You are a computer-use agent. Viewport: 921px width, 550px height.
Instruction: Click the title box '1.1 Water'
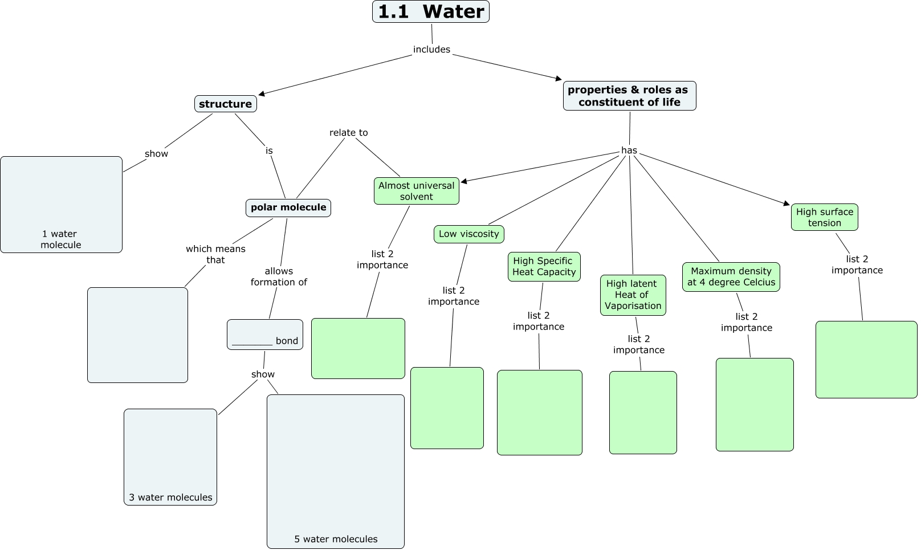(431, 11)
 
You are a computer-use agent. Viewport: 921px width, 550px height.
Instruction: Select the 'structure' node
(225, 104)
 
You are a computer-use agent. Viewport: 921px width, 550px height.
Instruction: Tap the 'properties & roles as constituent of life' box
(629, 96)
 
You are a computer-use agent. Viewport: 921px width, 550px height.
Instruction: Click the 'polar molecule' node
(288, 207)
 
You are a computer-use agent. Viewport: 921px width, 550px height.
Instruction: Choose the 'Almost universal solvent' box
(417, 191)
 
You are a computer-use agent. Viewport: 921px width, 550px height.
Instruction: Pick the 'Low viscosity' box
(469, 234)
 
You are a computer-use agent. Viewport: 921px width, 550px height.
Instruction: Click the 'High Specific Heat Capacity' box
(544, 267)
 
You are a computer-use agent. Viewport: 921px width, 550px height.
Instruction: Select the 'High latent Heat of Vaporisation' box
(633, 295)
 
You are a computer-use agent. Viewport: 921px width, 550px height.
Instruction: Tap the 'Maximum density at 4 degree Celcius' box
(731, 277)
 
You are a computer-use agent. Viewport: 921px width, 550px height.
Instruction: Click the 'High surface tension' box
(824, 217)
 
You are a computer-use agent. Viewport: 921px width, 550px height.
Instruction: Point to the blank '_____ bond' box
(265, 335)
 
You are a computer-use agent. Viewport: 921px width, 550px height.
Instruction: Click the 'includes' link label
(431, 50)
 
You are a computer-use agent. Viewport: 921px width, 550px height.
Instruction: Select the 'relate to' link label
(349, 133)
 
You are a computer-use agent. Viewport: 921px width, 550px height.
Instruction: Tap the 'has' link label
(629, 150)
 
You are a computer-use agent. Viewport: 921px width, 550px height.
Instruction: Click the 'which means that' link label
(215, 254)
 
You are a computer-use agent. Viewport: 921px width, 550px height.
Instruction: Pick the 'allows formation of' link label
(279, 276)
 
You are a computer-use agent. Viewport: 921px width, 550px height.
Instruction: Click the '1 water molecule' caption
(60, 239)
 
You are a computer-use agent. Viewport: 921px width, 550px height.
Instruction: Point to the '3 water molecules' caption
(170, 498)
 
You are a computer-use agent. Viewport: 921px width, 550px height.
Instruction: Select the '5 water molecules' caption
(336, 539)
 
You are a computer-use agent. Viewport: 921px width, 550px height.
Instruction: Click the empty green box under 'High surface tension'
(866, 360)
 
